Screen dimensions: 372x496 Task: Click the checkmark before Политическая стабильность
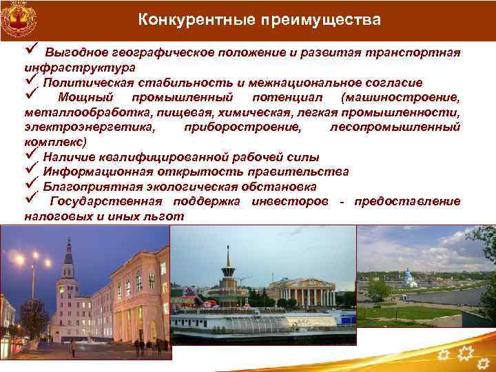tap(31, 81)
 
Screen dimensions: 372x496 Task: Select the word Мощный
tap(85, 97)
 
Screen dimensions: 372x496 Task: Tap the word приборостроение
tap(242, 127)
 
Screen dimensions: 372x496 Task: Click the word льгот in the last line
tap(165, 216)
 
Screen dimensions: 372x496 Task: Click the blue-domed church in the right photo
tap(409, 278)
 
